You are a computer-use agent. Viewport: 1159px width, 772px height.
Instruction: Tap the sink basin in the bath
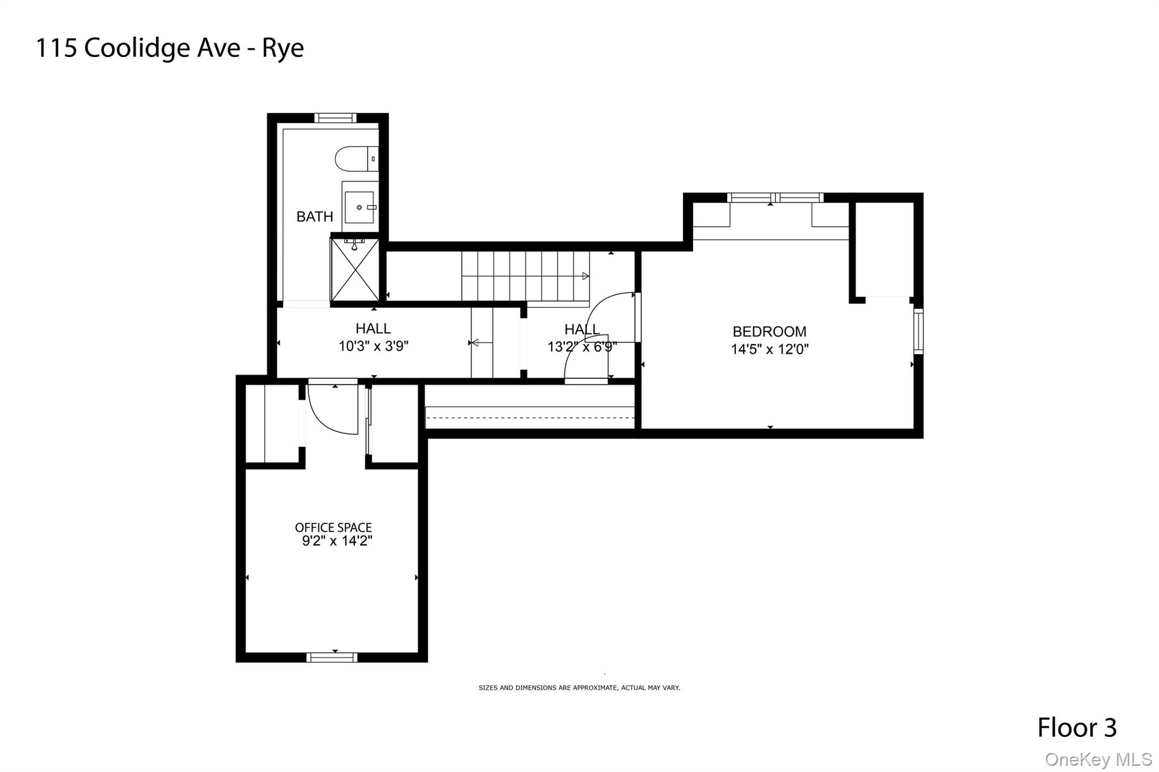click(x=359, y=207)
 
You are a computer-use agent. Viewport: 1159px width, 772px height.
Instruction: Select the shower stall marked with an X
click(x=355, y=270)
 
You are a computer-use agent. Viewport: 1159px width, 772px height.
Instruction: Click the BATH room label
click(x=315, y=216)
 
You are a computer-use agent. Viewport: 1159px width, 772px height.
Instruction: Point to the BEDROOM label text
click(x=769, y=332)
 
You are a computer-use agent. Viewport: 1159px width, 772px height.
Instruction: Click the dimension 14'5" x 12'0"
click(x=769, y=349)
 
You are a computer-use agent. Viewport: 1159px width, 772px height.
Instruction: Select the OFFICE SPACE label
click(x=333, y=527)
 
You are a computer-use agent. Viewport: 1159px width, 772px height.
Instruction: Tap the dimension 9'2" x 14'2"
click(x=337, y=541)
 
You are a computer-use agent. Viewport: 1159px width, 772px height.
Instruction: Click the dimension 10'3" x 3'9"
click(x=374, y=346)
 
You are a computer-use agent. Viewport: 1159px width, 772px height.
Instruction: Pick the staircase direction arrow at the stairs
click(x=585, y=276)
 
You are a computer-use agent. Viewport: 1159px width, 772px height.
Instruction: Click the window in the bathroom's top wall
click(x=335, y=118)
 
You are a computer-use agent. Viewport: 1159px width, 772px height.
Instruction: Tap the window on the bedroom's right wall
click(x=918, y=331)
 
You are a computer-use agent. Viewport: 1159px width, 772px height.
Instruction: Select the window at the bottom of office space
click(x=332, y=657)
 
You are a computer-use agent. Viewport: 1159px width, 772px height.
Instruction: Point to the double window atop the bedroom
click(x=775, y=198)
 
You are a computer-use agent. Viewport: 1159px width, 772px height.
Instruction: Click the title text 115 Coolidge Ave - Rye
click(x=170, y=48)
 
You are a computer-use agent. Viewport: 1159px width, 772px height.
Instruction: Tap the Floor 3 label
click(x=1076, y=727)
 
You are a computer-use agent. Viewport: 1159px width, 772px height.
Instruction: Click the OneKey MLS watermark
click(x=1098, y=759)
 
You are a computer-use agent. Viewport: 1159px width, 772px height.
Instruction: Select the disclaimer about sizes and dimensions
click(x=579, y=688)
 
